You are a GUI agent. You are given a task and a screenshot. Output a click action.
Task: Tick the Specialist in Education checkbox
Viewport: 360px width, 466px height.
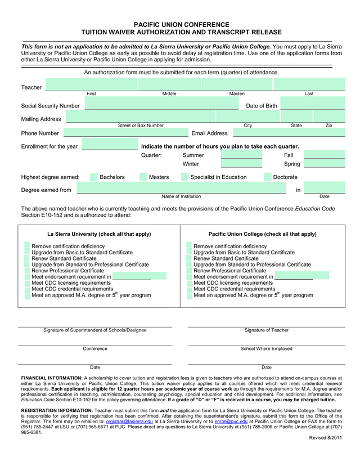(184, 177)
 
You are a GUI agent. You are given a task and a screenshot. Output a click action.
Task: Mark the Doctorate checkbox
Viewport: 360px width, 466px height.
(267, 177)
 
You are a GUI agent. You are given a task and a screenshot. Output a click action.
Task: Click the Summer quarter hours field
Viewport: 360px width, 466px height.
(241, 155)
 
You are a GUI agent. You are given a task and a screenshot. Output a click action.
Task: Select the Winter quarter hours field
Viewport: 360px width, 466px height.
(241, 164)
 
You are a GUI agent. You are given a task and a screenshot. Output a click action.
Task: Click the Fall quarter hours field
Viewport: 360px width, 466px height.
(324, 155)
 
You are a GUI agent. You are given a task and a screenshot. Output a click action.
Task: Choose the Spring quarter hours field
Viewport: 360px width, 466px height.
(324, 164)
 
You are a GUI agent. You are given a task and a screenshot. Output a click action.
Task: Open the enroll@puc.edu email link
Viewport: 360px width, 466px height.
(230, 421)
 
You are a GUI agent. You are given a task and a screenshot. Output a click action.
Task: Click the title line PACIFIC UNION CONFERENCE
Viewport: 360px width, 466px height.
(180, 25)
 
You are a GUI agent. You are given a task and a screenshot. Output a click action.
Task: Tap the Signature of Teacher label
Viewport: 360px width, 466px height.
(267, 330)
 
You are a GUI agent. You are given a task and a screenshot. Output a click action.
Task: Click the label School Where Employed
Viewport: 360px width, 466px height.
(267, 349)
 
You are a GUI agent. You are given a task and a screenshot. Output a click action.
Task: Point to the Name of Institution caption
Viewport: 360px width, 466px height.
(182, 196)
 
